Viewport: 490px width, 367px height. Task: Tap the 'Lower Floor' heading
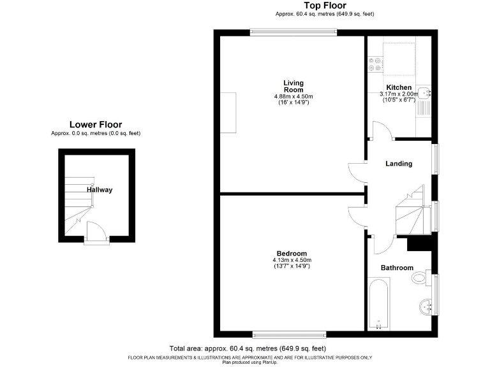pyautogui.click(x=96, y=125)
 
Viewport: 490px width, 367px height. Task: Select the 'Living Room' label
pyautogui.click(x=293, y=86)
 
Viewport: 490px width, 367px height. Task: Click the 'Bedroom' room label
pyautogui.click(x=292, y=253)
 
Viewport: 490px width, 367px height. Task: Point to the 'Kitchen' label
pyautogui.click(x=399, y=87)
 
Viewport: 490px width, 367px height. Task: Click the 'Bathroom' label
pyautogui.click(x=397, y=268)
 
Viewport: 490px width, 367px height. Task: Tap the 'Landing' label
pyautogui.click(x=399, y=164)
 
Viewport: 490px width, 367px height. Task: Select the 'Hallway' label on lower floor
pyautogui.click(x=100, y=190)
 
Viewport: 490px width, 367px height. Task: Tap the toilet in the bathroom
pyautogui.click(x=421, y=278)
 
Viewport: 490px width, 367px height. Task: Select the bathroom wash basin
pyautogui.click(x=426, y=308)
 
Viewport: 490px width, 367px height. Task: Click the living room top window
pyautogui.click(x=293, y=32)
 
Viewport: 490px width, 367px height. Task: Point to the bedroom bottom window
pyautogui.click(x=290, y=333)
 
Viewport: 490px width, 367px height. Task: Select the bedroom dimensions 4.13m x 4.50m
pyautogui.click(x=292, y=263)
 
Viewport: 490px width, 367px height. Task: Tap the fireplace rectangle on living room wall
pyautogui.click(x=228, y=113)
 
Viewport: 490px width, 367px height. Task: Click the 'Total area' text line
pyautogui.click(x=248, y=349)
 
